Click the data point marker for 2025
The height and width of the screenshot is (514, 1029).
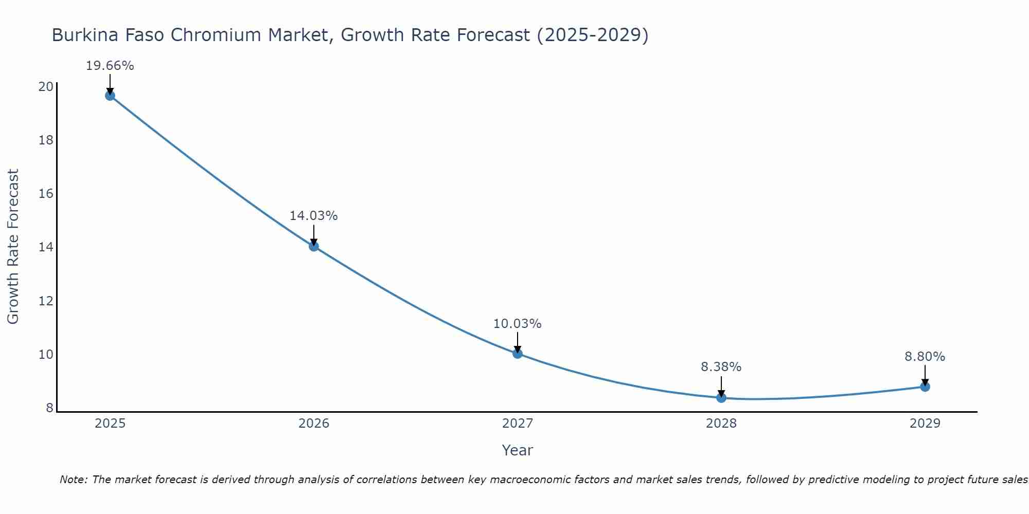(110, 96)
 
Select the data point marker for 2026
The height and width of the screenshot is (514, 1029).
(314, 246)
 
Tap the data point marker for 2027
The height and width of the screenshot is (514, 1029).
(518, 354)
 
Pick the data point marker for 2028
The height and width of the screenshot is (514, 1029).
(721, 398)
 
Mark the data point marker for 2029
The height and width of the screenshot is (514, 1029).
(925, 387)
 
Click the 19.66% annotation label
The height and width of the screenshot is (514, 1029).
(110, 66)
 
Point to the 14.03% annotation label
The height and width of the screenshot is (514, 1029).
(313, 216)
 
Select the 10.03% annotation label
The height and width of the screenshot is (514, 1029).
(517, 324)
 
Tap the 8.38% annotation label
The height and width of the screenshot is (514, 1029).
(721, 367)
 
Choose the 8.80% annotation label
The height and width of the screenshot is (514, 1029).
(925, 357)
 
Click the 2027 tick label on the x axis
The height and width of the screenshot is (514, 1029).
(518, 424)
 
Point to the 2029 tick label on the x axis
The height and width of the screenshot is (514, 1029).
(925, 424)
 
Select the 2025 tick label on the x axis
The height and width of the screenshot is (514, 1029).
(110, 424)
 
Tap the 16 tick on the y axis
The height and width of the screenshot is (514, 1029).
(46, 194)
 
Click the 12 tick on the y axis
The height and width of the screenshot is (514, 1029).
(46, 301)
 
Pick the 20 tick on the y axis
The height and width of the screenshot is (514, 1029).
(46, 86)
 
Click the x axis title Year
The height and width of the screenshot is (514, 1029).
(517, 450)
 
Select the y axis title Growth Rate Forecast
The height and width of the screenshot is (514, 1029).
(13, 246)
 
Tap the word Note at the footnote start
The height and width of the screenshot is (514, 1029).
(74, 480)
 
